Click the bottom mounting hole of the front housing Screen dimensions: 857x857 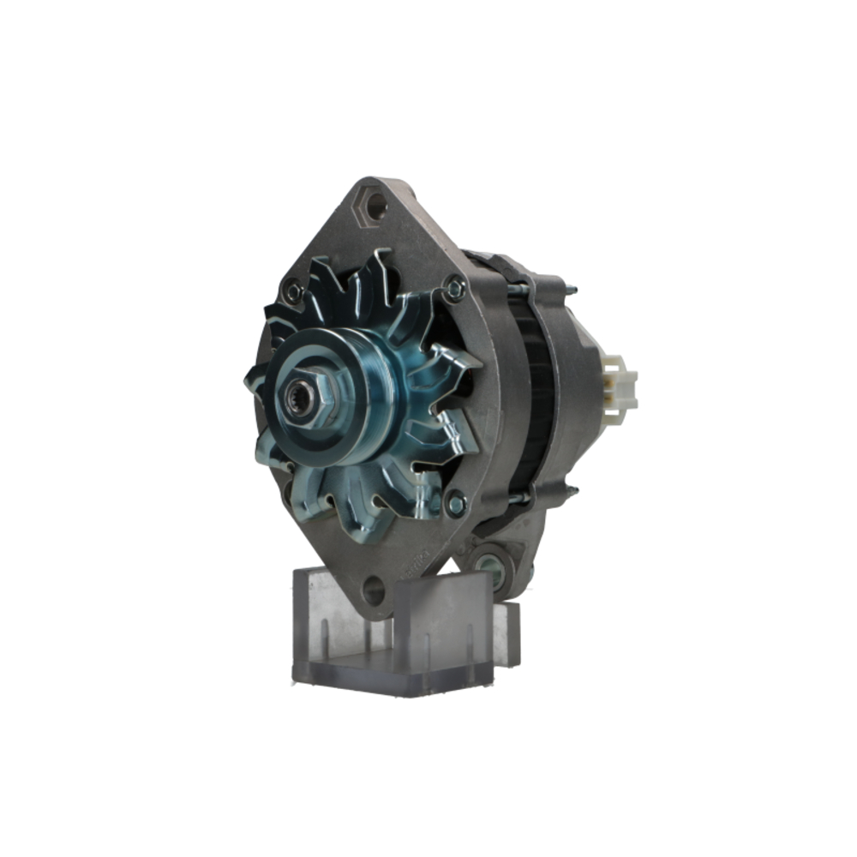pyautogui.click(x=373, y=589)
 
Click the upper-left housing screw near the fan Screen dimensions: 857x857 pyautogui.click(x=294, y=291)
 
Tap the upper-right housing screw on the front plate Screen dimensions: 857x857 pyautogui.click(x=455, y=290)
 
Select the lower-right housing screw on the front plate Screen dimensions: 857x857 pyautogui.click(x=456, y=501)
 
